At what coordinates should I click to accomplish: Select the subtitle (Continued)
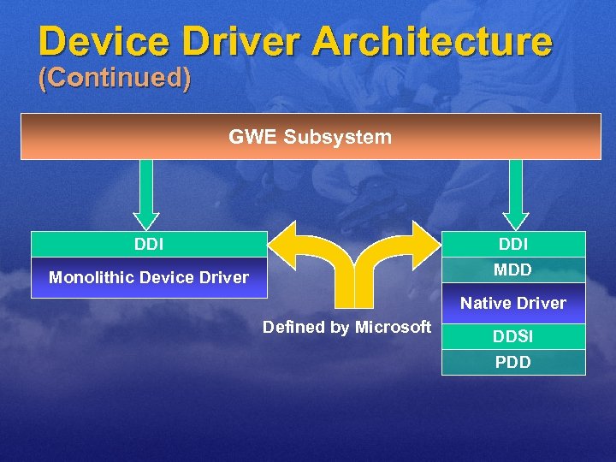[115, 79]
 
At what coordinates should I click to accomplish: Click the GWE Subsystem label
[310, 137]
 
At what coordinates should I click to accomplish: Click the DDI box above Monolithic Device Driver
[149, 245]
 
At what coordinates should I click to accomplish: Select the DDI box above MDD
[513, 245]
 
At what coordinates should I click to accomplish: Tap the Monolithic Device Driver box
[149, 277]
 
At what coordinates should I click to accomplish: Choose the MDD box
[513, 270]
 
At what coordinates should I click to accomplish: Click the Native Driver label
[513, 303]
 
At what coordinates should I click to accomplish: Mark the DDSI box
[513, 337]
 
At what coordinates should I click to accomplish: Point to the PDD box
[513, 362]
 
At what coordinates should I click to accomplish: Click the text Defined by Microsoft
[346, 327]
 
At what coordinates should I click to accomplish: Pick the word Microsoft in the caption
[393, 327]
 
